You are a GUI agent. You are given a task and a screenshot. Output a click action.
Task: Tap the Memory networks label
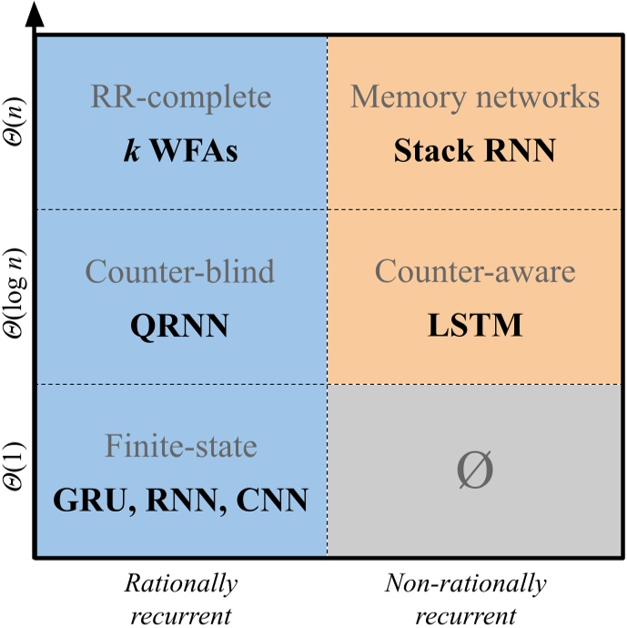pyautogui.click(x=475, y=98)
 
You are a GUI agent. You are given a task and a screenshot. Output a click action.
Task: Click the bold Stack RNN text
pyautogui.click(x=475, y=150)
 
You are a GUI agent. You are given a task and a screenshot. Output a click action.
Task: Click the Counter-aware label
pyautogui.click(x=475, y=272)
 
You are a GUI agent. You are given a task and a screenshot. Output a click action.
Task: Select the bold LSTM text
pyautogui.click(x=475, y=325)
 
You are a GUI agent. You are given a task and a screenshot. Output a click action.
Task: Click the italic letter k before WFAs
pyautogui.click(x=129, y=150)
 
